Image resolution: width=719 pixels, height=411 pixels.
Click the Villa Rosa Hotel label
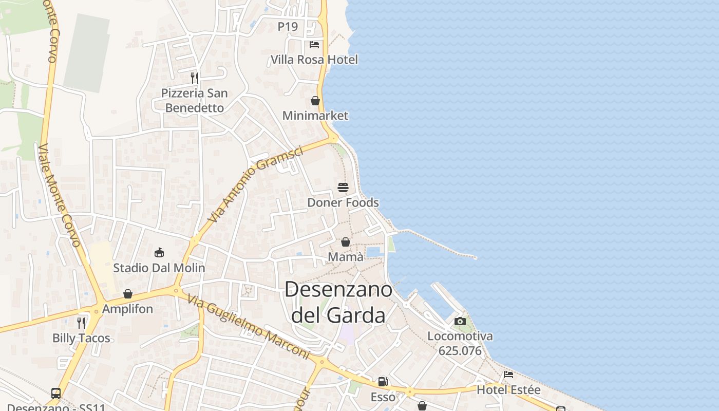coord(314,60)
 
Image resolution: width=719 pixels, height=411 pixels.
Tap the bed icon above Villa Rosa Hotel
coord(314,45)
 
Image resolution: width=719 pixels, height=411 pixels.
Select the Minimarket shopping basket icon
coord(315,101)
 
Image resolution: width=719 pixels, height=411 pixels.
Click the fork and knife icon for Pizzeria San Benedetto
coord(195,78)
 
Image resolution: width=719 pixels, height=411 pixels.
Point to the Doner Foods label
coord(343,202)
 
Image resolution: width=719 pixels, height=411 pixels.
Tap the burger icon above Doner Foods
coord(343,188)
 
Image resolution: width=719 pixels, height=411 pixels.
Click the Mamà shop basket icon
coord(346,242)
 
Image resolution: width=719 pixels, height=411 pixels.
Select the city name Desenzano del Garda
coord(338,302)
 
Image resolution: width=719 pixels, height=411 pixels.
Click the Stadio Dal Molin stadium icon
coord(159,252)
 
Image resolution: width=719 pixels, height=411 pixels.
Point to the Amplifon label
coord(127,309)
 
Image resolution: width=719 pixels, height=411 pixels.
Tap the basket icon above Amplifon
coord(128,294)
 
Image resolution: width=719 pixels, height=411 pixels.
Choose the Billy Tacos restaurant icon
coord(81,323)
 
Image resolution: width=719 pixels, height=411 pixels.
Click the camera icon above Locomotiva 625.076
coord(460,322)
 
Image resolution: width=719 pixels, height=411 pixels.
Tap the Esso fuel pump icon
coord(383,382)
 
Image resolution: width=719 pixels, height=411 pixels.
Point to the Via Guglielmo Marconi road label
coord(248,327)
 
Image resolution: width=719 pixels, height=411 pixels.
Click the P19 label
coord(288,27)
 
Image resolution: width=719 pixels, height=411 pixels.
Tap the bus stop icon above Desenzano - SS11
coord(56,394)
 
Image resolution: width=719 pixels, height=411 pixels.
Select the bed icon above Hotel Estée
coord(508,375)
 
